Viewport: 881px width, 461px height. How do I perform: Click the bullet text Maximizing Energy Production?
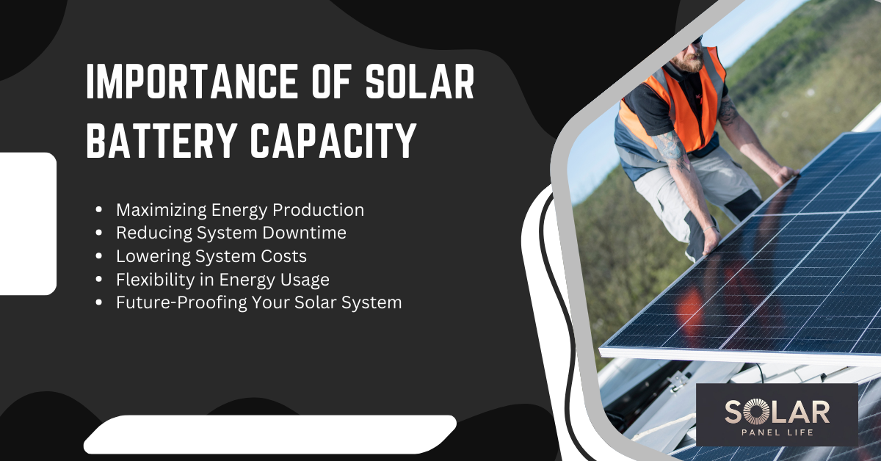(240, 210)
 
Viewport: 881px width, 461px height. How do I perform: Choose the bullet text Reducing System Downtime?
(231, 233)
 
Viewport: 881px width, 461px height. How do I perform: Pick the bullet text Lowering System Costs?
(211, 256)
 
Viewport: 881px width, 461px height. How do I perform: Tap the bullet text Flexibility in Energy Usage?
(222, 280)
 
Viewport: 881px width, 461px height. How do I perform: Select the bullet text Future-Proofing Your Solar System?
(258, 302)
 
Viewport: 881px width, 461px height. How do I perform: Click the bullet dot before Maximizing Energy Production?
(99, 211)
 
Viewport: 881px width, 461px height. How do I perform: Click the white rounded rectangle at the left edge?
(28, 223)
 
